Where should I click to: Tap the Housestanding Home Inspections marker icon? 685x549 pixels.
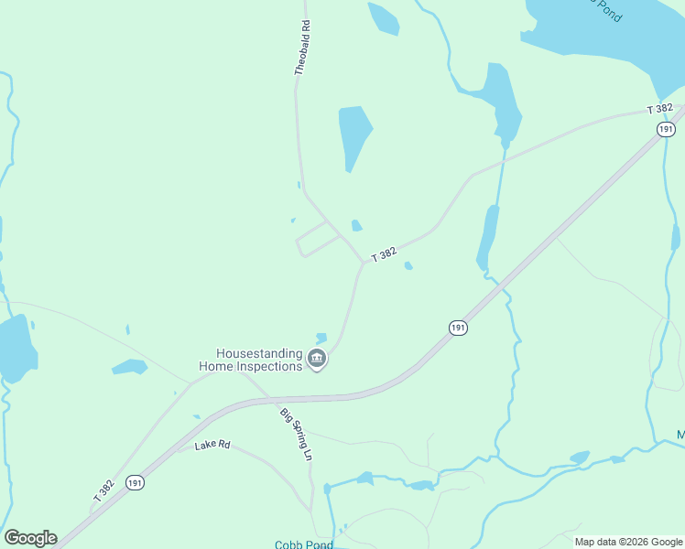pos(318,359)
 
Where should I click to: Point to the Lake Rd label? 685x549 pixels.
pos(212,446)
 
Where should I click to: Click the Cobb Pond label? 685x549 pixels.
pos(303,544)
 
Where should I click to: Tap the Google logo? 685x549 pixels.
pos(30,538)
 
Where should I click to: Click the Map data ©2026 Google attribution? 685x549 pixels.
pos(628,542)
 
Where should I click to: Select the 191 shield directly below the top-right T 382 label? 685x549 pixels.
pos(666,129)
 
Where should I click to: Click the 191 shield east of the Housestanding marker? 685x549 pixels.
pos(459,328)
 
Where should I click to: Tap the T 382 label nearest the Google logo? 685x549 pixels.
pos(103,490)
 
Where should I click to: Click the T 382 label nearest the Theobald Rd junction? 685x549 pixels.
pos(384,255)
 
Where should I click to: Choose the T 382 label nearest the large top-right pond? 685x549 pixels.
pos(659,109)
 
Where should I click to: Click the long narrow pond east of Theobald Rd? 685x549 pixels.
pos(354,135)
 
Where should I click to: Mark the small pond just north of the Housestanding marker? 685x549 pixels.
pos(321,338)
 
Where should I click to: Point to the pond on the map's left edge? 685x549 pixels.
pos(16,348)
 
